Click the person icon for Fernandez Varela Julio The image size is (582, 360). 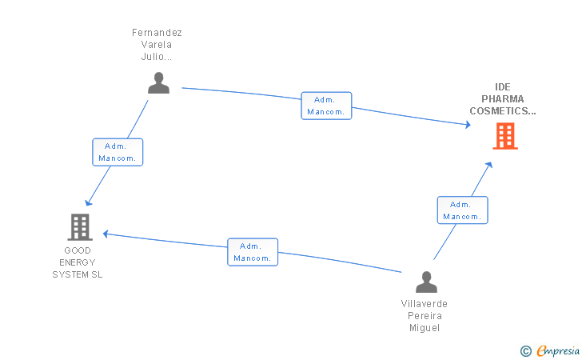[x=158, y=83]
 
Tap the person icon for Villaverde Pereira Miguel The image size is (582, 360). [x=426, y=282]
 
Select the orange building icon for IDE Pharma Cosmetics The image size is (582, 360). [x=505, y=136]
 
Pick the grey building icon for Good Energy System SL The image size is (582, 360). [x=80, y=227]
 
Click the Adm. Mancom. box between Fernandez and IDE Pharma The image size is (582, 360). [x=326, y=106]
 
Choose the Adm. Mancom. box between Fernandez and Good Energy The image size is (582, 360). [x=118, y=152]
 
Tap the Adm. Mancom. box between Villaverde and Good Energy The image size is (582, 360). [x=253, y=252]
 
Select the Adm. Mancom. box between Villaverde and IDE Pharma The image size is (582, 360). [x=462, y=210]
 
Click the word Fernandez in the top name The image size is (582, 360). [x=157, y=33]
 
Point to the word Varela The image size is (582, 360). [x=156, y=45]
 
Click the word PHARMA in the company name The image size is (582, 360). [x=503, y=99]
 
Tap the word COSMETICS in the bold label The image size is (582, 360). [x=499, y=110]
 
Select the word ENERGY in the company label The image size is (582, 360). [x=78, y=262]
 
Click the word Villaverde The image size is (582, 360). [x=425, y=304]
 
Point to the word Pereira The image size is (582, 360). [x=425, y=316]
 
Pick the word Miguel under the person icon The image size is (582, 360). [x=425, y=328]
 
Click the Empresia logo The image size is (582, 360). [x=558, y=350]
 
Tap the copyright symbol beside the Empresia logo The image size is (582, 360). [x=526, y=351]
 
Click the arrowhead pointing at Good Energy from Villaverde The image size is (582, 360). [x=106, y=234]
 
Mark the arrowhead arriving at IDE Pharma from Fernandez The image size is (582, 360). [x=468, y=125]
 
